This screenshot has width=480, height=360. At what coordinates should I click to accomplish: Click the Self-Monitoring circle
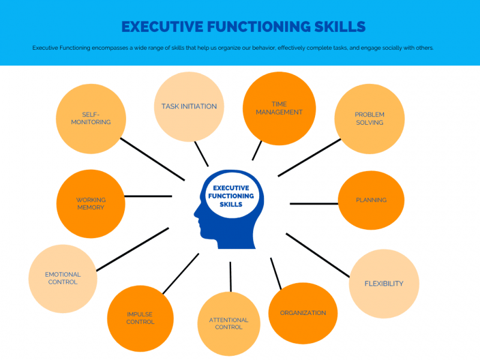pyautogui.click(x=91, y=119)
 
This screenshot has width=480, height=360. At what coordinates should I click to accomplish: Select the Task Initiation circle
pyautogui.click(x=189, y=107)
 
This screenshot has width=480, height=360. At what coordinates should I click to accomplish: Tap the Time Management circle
pyautogui.click(x=279, y=109)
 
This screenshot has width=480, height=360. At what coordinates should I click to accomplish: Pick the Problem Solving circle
pyautogui.click(x=370, y=119)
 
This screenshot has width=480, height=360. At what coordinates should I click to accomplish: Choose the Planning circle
pyautogui.click(x=371, y=200)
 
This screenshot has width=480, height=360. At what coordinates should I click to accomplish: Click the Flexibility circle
pyautogui.click(x=384, y=284)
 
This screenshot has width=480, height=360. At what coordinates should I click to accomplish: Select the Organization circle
pyautogui.click(x=303, y=313)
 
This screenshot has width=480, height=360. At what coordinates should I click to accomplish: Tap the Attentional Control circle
pyautogui.click(x=229, y=324)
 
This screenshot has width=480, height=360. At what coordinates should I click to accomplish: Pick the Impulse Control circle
pyautogui.click(x=140, y=319)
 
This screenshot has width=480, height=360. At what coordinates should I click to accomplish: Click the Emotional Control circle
pyautogui.click(x=63, y=278)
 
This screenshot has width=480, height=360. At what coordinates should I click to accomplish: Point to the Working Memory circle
pyautogui.click(x=91, y=203)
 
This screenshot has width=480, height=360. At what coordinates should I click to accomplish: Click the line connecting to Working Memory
pyautogui.click(x=148, y=196)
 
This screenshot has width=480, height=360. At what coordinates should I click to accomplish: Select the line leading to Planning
pyautogui.click(x=314, y=203)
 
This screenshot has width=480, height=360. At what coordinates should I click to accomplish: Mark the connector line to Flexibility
pyautogui.click(x=318, y=256)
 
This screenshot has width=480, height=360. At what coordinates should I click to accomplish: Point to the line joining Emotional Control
pyautogui.click(x=133, y=249)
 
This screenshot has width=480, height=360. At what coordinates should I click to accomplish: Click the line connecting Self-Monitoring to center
pyautogui.click(x=152, y=159)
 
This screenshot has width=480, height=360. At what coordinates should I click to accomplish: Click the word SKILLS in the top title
pyautogui.click(x=340, y=26)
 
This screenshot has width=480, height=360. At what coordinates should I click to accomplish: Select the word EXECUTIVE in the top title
pyautogui.click(x=162, y=26)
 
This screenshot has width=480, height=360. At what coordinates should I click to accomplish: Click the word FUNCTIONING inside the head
pyautogui.click(x=231, y=196)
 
